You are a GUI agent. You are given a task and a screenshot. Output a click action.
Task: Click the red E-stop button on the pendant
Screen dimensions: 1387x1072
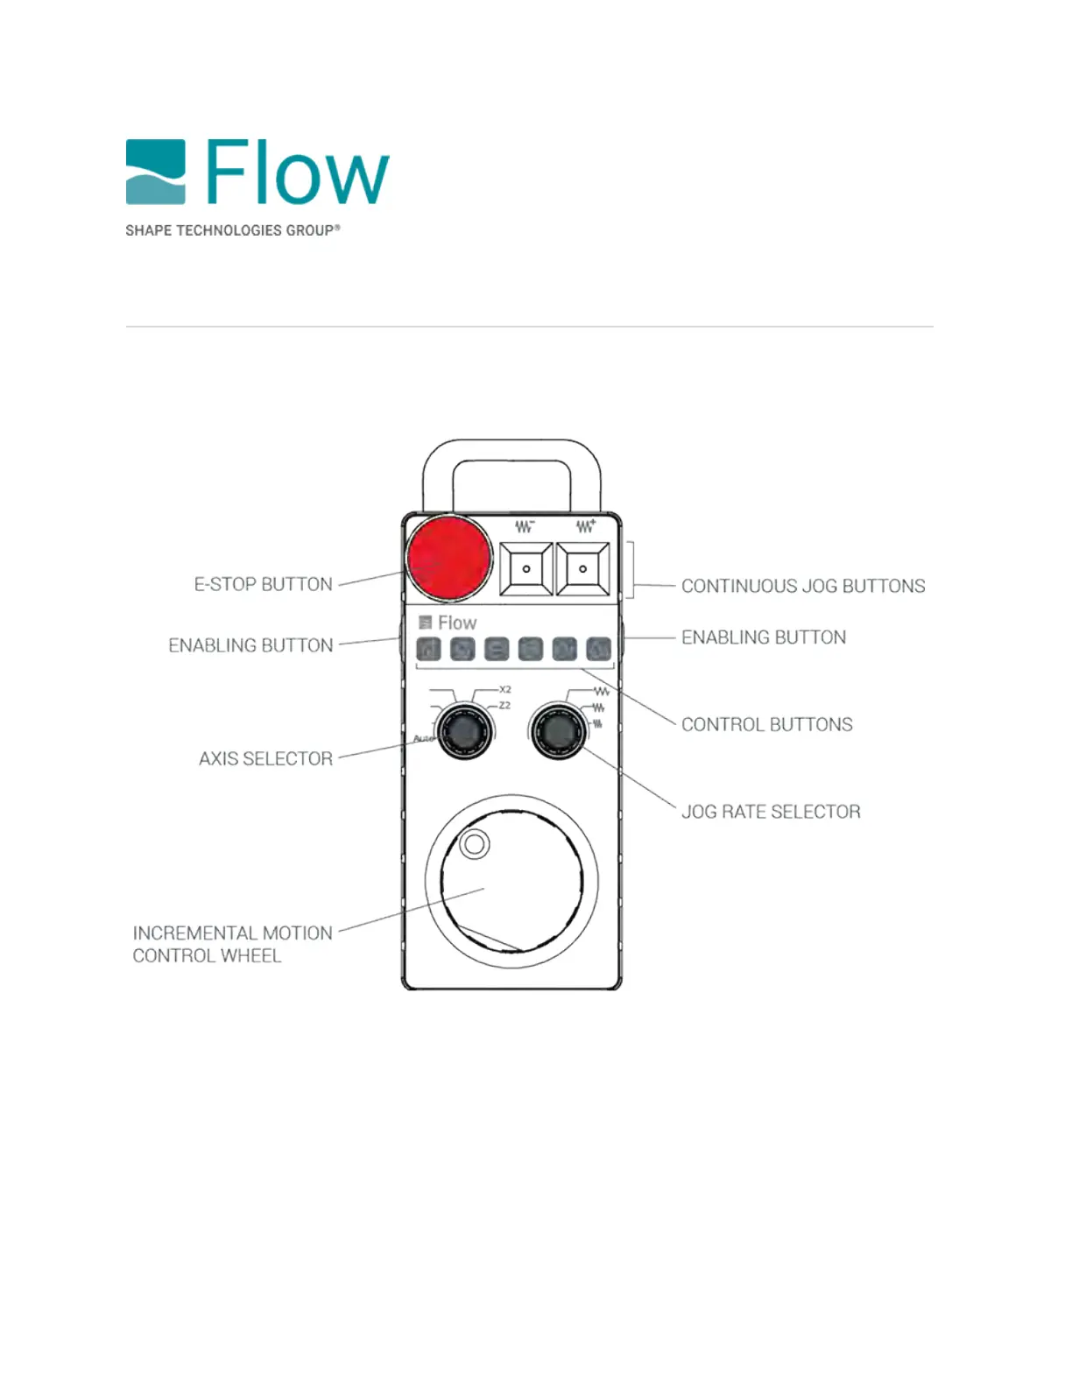click(x=448, y=558)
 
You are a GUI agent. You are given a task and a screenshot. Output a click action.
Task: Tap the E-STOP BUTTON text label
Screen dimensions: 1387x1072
click(x=263, y=584)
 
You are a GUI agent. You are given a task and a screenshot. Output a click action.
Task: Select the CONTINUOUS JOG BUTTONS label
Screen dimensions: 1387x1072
click(x=802, y=586)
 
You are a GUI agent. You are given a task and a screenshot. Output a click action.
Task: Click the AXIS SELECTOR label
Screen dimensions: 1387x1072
click(x=265, y=758)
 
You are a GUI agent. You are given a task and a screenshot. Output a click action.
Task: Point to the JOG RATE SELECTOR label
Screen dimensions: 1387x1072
click(x=771, y=812)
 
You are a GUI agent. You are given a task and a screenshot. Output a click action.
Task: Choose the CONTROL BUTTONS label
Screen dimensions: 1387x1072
click(x=766, y=724)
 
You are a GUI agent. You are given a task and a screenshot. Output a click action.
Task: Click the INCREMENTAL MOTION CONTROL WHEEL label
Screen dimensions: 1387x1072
click(x=232, y=944)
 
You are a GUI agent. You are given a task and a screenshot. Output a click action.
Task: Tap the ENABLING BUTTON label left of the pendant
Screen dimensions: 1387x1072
click(x=250, y=645)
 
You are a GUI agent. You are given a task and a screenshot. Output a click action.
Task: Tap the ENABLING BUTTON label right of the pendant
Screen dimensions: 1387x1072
click(x=764, y=637)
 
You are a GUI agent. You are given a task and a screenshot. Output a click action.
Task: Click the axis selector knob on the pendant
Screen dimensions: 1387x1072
click(x=465, y=731)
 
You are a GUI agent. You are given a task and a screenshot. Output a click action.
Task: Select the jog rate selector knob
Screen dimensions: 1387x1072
click(x=558, y=731)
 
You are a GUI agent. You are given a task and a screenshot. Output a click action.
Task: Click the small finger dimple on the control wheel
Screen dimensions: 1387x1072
click(x=475, y=844)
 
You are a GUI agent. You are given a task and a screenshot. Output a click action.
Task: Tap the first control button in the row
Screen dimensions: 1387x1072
click(x=428, y=649)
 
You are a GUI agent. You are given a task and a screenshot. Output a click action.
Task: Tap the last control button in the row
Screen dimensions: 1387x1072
click(x=598, y=649)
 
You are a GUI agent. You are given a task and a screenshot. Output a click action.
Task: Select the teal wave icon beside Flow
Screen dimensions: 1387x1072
click(x=155, y=172)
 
